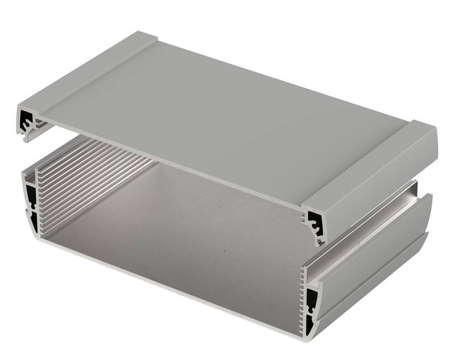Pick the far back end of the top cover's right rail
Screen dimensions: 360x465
(x=423, y=132)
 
